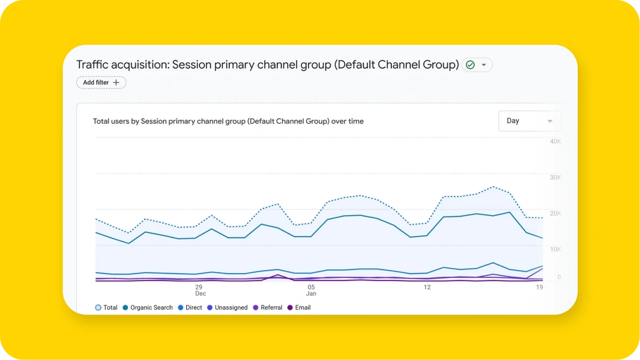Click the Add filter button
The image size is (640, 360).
tap(101, 83)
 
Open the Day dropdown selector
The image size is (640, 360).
tap(529, 121)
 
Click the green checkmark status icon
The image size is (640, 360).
tap(470, 65)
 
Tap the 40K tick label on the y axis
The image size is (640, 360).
tap(555, 142)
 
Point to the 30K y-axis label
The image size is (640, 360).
tap(555, 177)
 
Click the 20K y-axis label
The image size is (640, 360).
tap(555, 213)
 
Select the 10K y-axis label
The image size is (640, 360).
tap(555, 249)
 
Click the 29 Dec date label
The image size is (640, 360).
tap(199, 290)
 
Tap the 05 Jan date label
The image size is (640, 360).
tap(311, 290)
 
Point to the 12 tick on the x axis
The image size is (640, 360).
tap(427, 287)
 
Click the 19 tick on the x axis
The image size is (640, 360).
tap(539, 287)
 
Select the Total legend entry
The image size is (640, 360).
tap(106, 308)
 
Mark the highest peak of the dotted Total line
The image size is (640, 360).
tap(492, 186)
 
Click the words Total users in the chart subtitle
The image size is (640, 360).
tap(111, 121)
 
